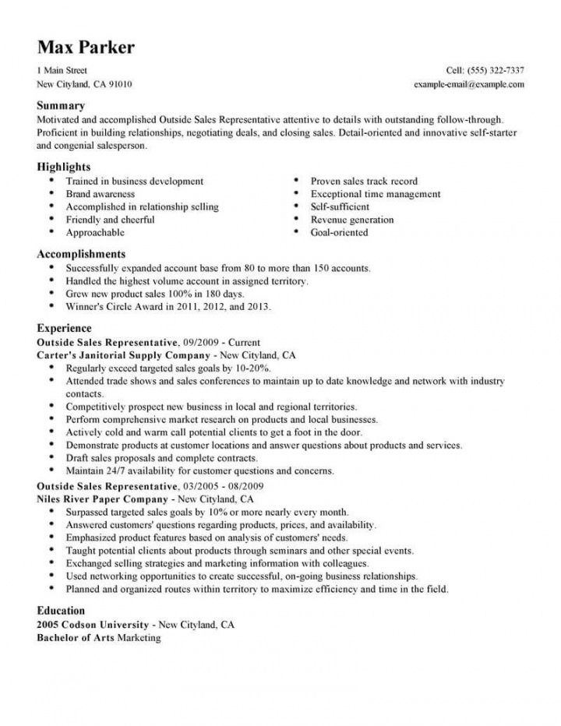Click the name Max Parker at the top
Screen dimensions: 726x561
click(x=85, y=47)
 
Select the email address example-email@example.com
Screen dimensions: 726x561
click(x=469, y=83)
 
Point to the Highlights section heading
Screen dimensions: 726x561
click(x=64, y=167)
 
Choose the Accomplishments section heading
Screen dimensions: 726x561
click(x=81, y=254)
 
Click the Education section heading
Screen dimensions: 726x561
click(x=61, y=611)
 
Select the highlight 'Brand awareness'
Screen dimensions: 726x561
click(x=101, y=194)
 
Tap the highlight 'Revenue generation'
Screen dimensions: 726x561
click(x=352, y=220)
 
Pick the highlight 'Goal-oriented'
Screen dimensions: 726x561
click(x=339, y=232)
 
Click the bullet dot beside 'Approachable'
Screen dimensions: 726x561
click(x=51, y=232)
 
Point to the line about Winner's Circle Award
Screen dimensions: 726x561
click(x=168, y=307)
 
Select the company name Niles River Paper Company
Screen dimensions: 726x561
click(x=102, y=498)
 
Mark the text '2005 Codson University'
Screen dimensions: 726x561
click(x=93, y=625)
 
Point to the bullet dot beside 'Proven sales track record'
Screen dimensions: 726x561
click(x=297, y=181)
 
